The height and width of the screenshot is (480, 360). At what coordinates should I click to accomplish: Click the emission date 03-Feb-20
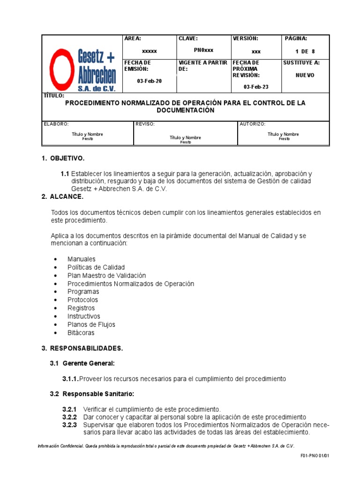(x=149, y=81)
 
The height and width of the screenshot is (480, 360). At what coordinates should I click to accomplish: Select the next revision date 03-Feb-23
(x=256, y=87)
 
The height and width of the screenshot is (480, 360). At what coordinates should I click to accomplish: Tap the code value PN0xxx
(x=203, y=50)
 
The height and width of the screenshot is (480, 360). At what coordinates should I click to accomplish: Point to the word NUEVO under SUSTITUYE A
(x=305, y=75)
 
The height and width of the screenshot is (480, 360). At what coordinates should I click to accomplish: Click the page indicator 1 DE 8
(x=305, y=52)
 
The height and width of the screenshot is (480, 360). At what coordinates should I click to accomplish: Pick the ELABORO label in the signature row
(x=56, y=124)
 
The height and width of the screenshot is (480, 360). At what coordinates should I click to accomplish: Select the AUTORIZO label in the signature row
(x=253, y=124)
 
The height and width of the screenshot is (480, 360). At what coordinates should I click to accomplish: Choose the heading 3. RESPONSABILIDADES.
(x=82, y=348)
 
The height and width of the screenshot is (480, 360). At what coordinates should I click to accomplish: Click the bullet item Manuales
(x=82, y=259)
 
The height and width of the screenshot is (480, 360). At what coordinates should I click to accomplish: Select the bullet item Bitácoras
(x=81, y=333)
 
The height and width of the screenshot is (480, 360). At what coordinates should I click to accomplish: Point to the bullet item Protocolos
(x=83, y=300)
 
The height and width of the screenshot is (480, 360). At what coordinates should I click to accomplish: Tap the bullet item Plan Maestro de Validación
(x=107, y=276)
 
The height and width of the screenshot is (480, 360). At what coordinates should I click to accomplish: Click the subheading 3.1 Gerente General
(x=82, y=363)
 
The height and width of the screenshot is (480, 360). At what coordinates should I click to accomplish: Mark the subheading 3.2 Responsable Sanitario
(x=92, y=394)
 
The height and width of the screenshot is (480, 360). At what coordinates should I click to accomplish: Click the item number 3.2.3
(x=69, y=425)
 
